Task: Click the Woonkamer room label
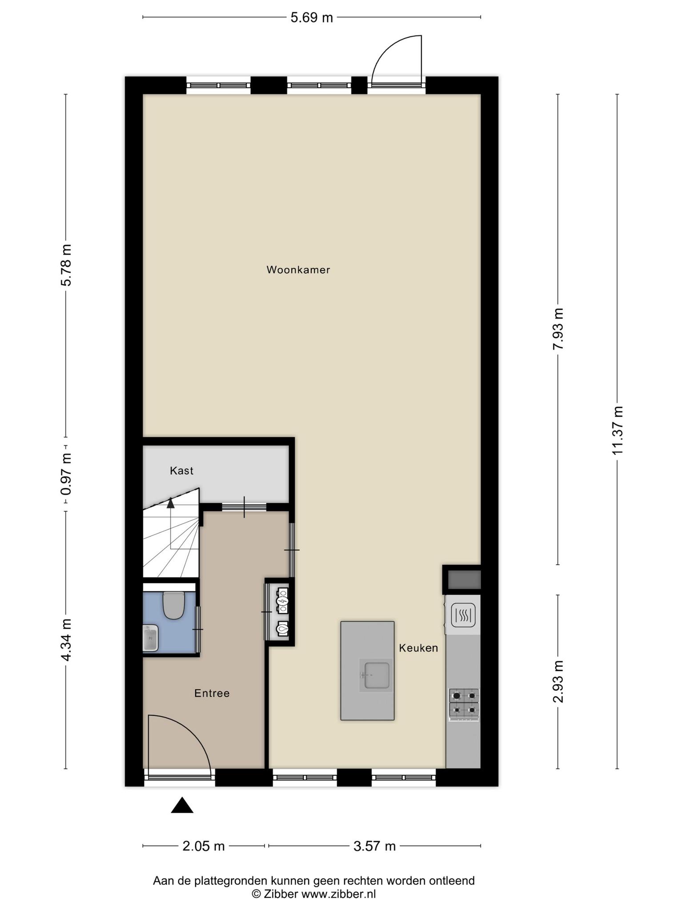(298, 270)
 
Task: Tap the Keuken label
(418, 648)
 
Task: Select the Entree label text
(212, 693)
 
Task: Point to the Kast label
(181, 471)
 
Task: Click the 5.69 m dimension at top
(311, 18)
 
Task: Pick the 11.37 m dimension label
(617, 430)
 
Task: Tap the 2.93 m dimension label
(558, 682)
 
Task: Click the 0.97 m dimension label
(66, 474)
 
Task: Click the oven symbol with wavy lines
(463, 615)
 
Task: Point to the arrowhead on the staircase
(170, 503)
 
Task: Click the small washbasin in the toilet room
(150, 638)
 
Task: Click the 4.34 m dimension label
(66, 639)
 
